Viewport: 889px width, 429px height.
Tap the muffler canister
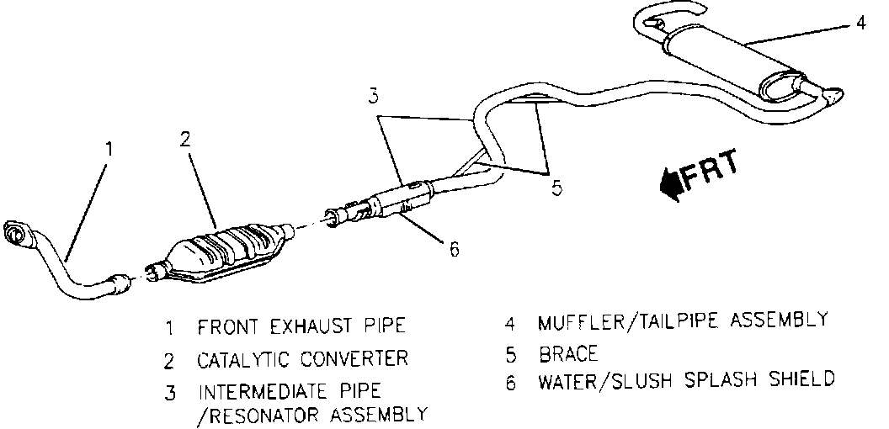point(732,63)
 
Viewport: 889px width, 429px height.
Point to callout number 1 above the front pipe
point(108,151)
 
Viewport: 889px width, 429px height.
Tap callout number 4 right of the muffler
point(860,23)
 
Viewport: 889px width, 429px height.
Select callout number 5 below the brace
point(556,188)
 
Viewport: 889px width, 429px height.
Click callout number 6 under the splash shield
point(453,249)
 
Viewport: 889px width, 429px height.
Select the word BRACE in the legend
point(568,353)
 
